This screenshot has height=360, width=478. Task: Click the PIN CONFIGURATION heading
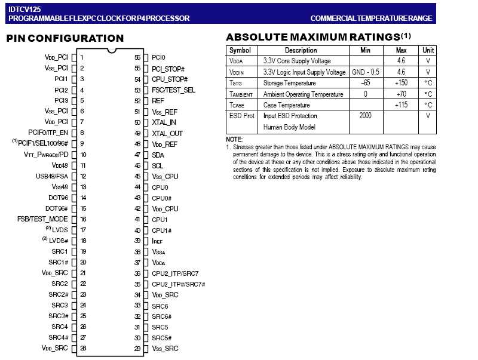click(65, 38)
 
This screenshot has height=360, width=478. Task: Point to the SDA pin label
click(158, 155)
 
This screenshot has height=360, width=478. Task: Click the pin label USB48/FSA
click(53, 176)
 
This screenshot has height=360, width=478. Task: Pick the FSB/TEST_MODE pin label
click(42, 219)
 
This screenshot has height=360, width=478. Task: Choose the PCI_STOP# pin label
click(168, 69)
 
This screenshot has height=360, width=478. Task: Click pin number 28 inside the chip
click(83, 348)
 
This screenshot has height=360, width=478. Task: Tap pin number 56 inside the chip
click(137, 58)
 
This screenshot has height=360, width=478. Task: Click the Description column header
click(301, 50)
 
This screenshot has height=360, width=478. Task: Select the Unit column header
click(428, 50)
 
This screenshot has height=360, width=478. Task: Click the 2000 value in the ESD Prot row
click(366, 115)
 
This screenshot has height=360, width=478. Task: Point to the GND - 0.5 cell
click(366, 72)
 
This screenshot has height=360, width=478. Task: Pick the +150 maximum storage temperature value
click(401, 82)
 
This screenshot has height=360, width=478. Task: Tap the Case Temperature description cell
click(286, 104)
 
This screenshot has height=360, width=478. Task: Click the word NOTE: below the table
click(234, 139)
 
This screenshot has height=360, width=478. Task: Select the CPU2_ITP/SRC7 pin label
click(175, 273)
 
